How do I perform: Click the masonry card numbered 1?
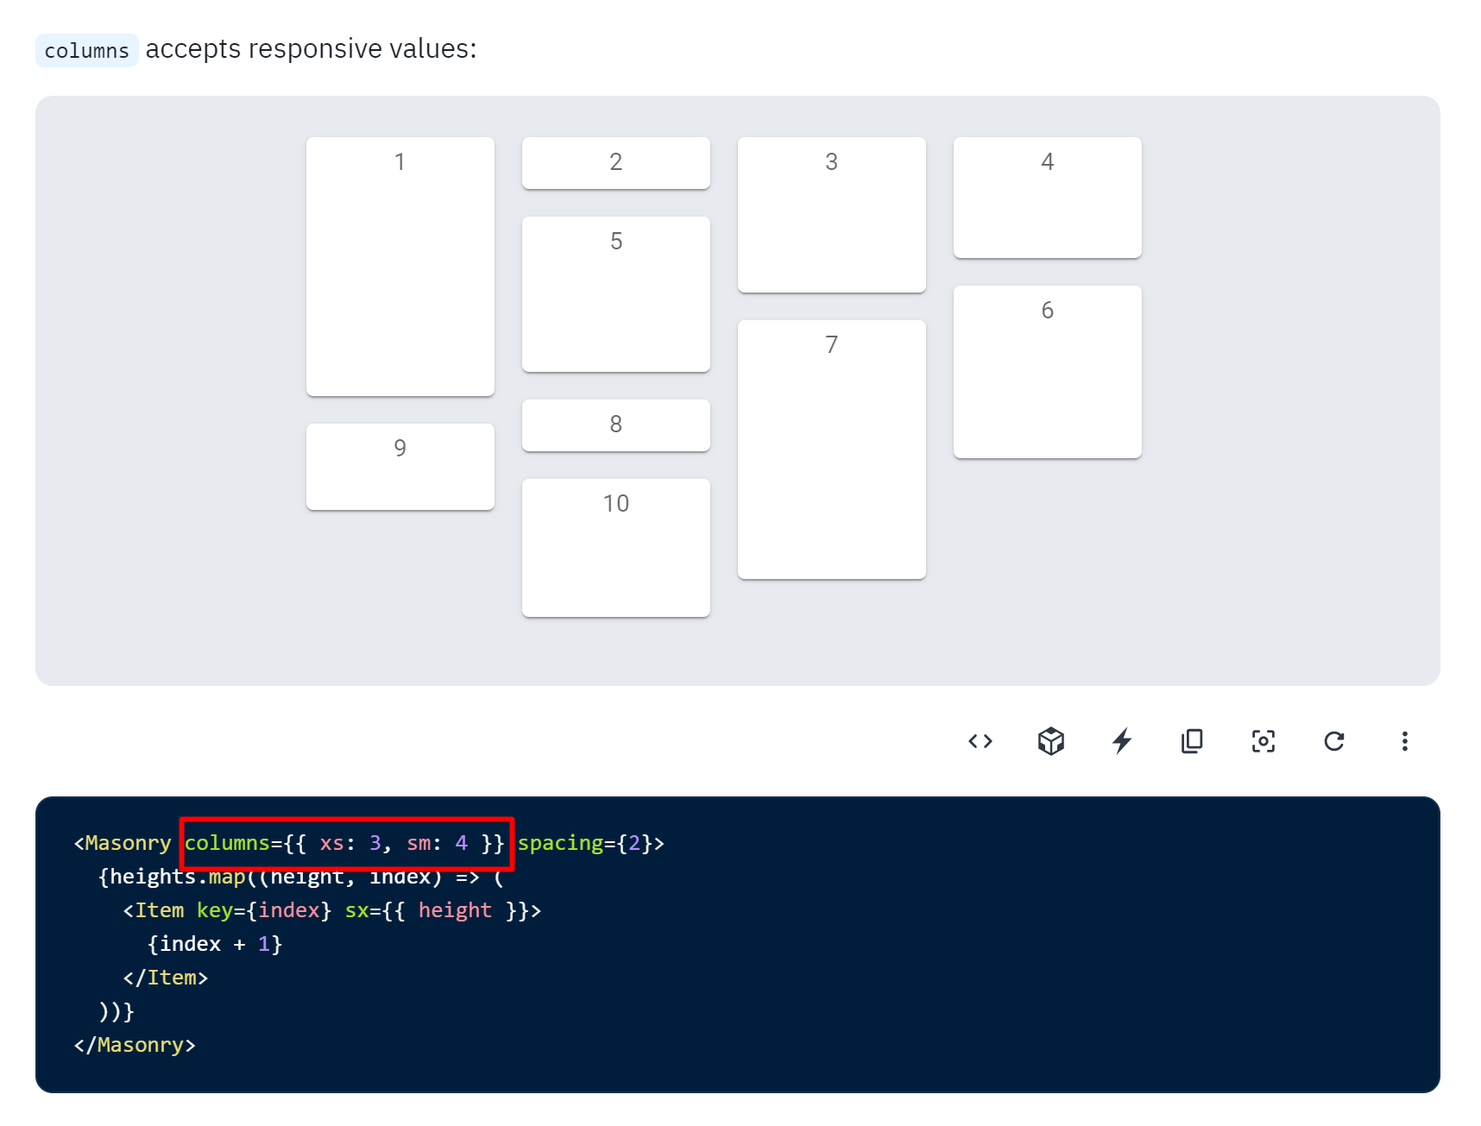click(x=400, y=267)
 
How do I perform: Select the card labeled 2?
click(x=615, y=163)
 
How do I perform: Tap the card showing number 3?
click(x=831, y=215)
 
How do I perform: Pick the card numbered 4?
click(x=1047, y=198)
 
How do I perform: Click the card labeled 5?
click(x=615, y=294)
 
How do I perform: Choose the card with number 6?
click(x=1047, y=372)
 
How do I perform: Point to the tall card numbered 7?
click(x=831, y=450)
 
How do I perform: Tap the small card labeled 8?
click(x=615, y=425)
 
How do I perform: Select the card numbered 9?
click(x=400, y=467)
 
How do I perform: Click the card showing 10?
click(x=615, y=548)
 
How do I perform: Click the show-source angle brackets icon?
click(x=980, y=741)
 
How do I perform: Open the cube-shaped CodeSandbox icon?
click(x=1051, y=741)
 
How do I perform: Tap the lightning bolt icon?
click(x=1122, y=741)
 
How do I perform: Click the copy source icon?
click(x=1193, y=741)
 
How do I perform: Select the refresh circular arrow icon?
click(x=1334, y=741)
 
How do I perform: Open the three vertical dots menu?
click(x=1405, y=741)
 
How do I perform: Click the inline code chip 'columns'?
click(x=86, y=51)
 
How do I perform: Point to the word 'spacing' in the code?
click(x=560, y=843)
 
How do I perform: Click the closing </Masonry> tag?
click(x=135, y=1045)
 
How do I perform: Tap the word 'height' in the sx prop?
click(x=455, y=910)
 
